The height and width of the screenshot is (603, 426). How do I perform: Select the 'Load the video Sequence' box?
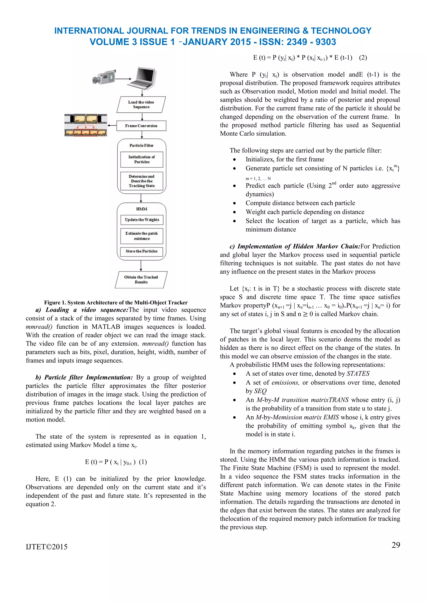click(x=141, y=105)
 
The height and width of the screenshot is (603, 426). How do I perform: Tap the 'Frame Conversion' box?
click(x=141, y=126)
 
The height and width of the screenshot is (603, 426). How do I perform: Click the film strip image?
click(x=85, y=125)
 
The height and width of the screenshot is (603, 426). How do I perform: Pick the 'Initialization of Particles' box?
click(x=142, y=159)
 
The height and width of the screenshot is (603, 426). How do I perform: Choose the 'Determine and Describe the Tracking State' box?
click(x=142, y=181)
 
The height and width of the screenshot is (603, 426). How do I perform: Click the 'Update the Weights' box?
click(x=142, y=219)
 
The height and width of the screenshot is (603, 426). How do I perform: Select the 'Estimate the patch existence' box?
click(x=142, y=236)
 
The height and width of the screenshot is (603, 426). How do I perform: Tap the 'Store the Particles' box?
click(x=142, y=251)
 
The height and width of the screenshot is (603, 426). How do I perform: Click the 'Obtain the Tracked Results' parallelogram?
click(x=141, y=280)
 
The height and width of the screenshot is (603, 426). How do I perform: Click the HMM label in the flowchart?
click(x=142, y=209)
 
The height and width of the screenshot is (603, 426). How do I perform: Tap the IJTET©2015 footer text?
click(x=47, y=547)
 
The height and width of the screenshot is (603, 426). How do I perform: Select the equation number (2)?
click(x=363, y=58)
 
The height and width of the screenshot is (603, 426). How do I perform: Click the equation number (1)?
click(x=143, y=462)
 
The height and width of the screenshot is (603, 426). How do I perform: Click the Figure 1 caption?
click(x=116, y=303)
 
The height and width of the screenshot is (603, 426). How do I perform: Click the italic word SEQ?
click(x=260, y=391)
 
